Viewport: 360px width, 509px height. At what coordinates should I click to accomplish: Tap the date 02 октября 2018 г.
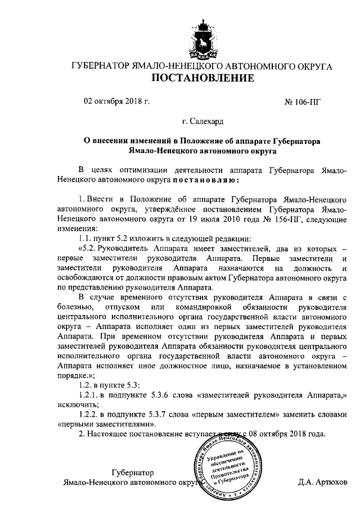pyautogui.click(x=117, y=102)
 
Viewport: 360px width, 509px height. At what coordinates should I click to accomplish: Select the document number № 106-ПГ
pyautogui.click(x=306, y=102)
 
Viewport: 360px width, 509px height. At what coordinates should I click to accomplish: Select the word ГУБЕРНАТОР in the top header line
pyautogui.click(x=100, y=66)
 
